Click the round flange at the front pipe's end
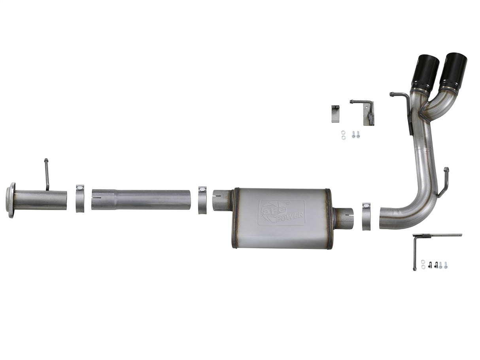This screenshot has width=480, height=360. tap(11, 200)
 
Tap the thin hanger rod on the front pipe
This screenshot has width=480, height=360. tap(47, 174)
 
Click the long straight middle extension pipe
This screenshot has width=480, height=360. tap(140, 200)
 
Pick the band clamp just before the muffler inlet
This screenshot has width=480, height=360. tap(202, 200)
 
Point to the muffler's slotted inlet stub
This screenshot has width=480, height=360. tap(221, 200)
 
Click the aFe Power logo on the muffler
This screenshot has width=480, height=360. tap(281, 213)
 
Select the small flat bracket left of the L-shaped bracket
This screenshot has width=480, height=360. tap(335, 114)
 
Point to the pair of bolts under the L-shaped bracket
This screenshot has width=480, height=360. tap(355, 135)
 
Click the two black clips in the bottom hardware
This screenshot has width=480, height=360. tap(433, 265)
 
